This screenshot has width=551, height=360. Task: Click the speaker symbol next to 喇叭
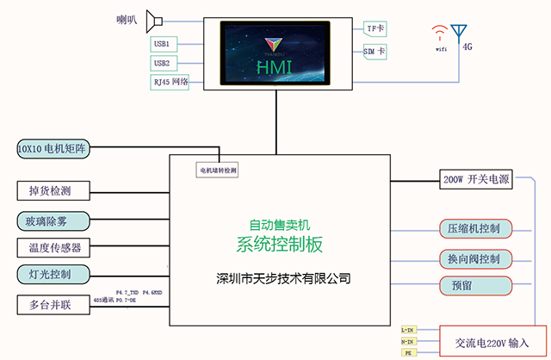pyautogui.click(x=154, y=19)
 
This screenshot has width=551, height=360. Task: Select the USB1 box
pyautogui.click(x=162, y=43)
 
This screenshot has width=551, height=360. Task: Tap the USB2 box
pyautogui.click(x=162, y=63)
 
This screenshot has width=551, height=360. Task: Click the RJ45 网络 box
pyautogui.click(x=170, y=83)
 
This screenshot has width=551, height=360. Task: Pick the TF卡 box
pyautogui.click(x=376, y=28)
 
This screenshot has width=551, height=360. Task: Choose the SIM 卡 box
pyautogui.click(x=375, y=52)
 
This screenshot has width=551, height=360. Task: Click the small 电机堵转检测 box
pyautogui.click(x=218, y=171)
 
